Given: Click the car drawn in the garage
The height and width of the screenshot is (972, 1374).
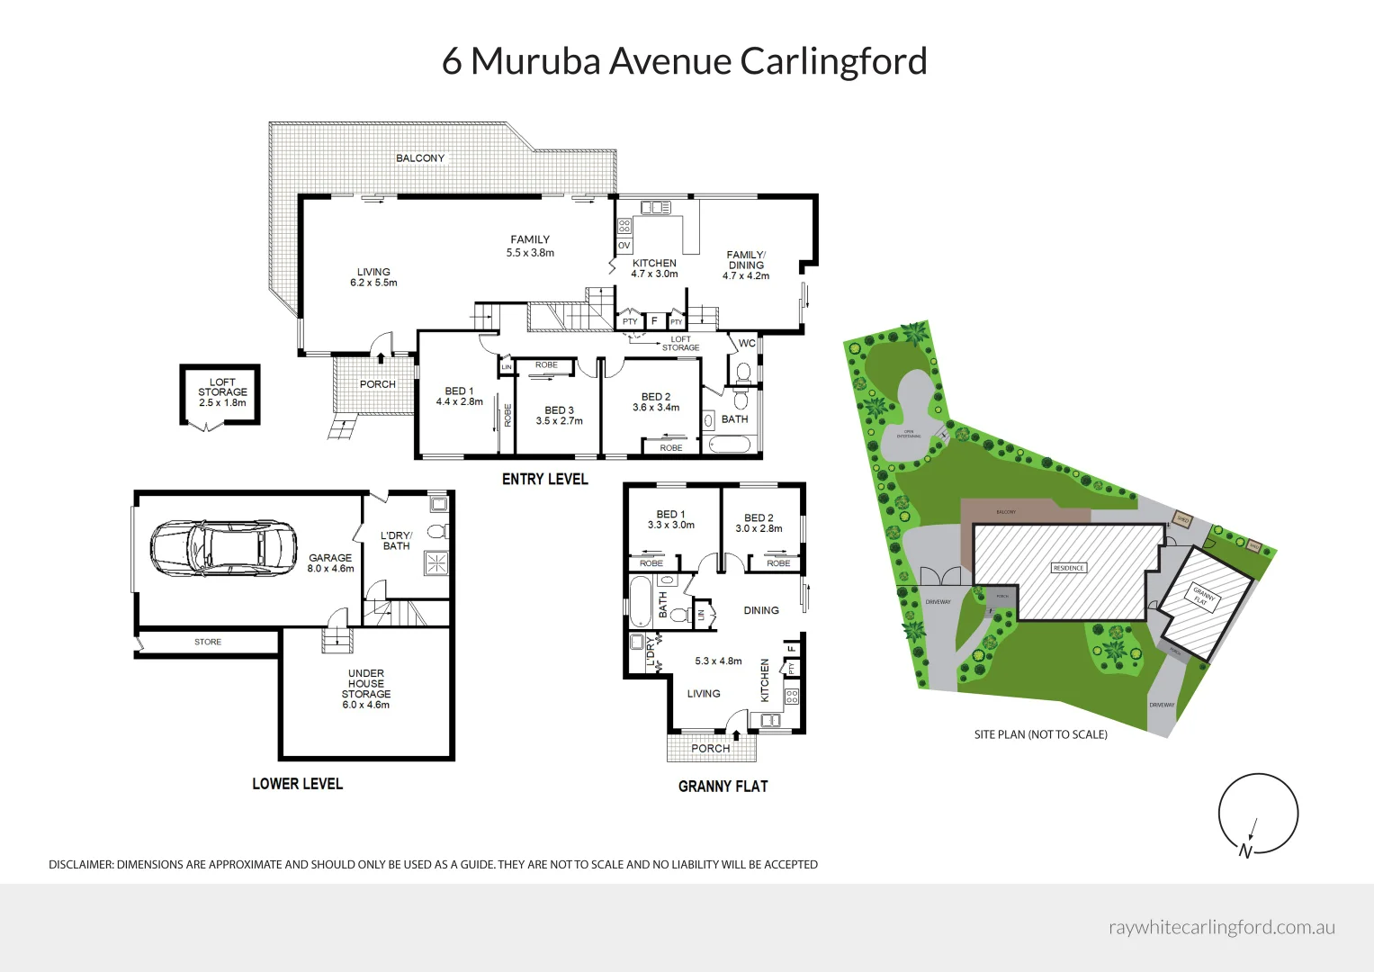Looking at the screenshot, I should tap(223, 548).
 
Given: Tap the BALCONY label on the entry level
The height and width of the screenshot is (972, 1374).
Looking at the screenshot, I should tap(420, 158).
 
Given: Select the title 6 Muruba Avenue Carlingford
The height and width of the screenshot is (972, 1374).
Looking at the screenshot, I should tap(684, 61).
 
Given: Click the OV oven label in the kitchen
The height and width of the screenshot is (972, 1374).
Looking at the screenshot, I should tap(624, 246).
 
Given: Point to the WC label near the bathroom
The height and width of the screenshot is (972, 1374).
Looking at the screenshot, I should tap(747, 343).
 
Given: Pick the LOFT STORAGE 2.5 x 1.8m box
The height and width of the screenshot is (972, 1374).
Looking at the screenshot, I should tap(221, 393).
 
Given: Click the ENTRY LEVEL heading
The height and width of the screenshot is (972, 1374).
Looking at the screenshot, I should tap(544, 480).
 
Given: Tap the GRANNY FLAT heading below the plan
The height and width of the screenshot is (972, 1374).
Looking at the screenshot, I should tap(723, 787).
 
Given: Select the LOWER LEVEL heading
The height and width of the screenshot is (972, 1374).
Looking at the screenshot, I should tap(297, 784).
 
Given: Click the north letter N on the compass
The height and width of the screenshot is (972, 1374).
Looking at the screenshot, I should tap(1245, 851).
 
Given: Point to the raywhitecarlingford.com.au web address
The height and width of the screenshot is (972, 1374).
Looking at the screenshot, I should tap(1221, 927).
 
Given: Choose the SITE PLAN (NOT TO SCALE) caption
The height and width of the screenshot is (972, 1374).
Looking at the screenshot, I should tap(1040, 734).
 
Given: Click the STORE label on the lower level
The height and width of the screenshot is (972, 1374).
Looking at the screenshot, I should tap(208, 642).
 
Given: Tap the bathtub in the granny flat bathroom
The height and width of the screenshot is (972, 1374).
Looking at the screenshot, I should tap(640, 601).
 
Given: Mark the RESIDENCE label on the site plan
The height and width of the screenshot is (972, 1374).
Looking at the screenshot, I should tap(1068, 568).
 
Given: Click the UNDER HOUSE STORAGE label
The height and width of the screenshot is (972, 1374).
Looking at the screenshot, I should tap(365, 684).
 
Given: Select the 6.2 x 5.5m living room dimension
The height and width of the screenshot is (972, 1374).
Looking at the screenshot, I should tap(373, 283).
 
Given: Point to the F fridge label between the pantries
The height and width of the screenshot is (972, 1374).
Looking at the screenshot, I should tap(654, 321).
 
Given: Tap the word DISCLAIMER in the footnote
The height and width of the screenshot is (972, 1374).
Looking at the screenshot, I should tap(81, 865).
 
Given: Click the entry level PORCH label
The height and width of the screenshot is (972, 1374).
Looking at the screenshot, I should tap(377, 384).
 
